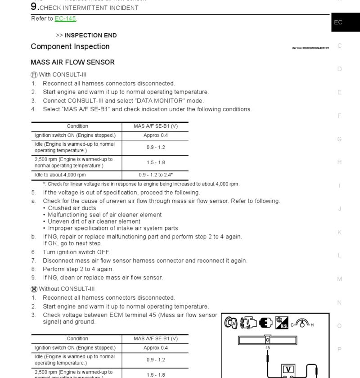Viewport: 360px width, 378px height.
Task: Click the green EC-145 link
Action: [65, 18]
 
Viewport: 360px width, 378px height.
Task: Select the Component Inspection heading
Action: [70, 46]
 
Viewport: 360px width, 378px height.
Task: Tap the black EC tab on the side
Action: [338, 22]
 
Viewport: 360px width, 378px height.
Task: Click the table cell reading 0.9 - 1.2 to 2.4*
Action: [155, 175]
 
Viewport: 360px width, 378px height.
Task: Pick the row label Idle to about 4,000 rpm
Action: [60, 175]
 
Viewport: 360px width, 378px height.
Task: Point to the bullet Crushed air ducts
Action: [72, 208]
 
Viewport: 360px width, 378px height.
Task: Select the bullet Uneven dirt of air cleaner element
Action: [94, 221]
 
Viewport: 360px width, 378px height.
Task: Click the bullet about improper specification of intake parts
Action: [113, 228]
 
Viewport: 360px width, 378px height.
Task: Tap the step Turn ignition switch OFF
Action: [76, 252]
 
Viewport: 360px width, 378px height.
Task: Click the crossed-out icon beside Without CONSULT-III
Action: [34, 289]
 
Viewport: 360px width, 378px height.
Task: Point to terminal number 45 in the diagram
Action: [268, 347]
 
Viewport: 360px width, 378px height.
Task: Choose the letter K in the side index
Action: [340, 232]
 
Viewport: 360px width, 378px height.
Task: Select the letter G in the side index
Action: [340, 139]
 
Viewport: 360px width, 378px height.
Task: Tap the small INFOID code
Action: [310, 48]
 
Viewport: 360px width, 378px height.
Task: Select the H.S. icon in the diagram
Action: [282, 322]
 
